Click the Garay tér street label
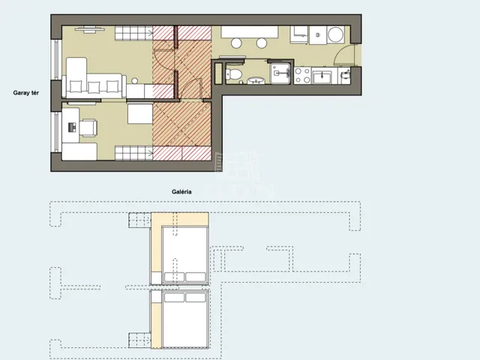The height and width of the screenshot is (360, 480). [26, 93]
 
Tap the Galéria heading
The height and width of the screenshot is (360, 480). [181, 192]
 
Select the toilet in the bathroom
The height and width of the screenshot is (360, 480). [234, 73]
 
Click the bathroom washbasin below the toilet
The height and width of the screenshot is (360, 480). [256, 81]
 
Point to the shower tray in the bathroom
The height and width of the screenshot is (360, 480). [280, 73]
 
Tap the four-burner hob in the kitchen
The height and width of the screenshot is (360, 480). [302, 76]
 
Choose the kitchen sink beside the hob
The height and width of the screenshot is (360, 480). [322, 76]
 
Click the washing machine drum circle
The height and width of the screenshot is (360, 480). [336, 34]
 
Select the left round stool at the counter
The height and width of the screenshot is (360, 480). [236, 43]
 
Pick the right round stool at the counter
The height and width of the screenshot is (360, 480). [262, 43]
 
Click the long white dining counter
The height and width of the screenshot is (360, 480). [250, 31]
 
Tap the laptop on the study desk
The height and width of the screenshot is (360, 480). [72, 127]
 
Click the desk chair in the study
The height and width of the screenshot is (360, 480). [88, 127]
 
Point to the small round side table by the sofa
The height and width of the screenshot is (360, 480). [134, 81]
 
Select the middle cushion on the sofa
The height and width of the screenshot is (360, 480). [94, 87]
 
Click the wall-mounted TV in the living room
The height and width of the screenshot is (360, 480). [88, 29]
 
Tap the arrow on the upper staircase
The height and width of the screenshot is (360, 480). [149, 33]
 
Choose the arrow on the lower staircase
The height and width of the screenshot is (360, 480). [149, 153]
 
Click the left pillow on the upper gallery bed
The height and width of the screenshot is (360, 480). [174, 277]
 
